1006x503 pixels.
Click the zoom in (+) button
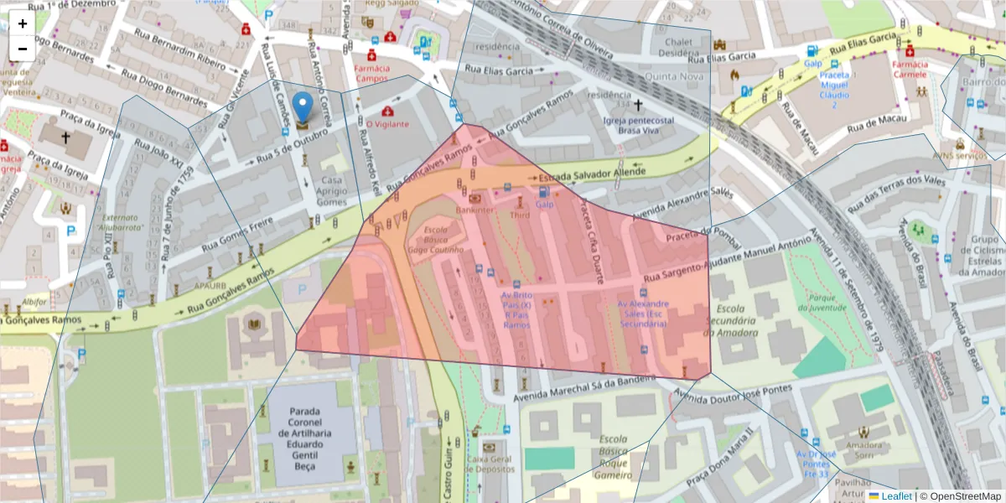[23, 23]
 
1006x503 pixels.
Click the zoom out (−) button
[23, 49]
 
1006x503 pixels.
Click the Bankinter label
[474, 210]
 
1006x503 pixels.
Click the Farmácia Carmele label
[910, 69]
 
